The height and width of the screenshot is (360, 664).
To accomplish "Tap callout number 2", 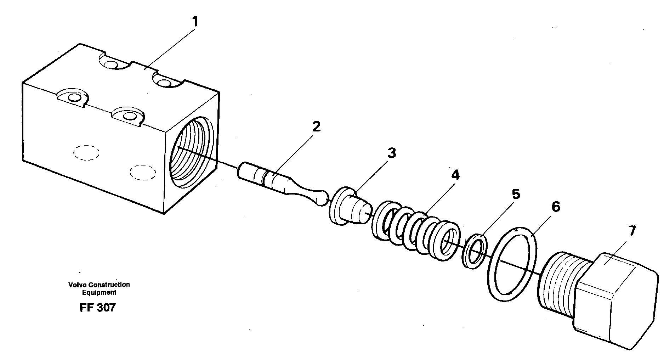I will [316, 126].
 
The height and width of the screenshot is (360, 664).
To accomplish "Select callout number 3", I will [391, 153].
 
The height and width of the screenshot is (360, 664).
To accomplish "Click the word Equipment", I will [99, 293].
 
